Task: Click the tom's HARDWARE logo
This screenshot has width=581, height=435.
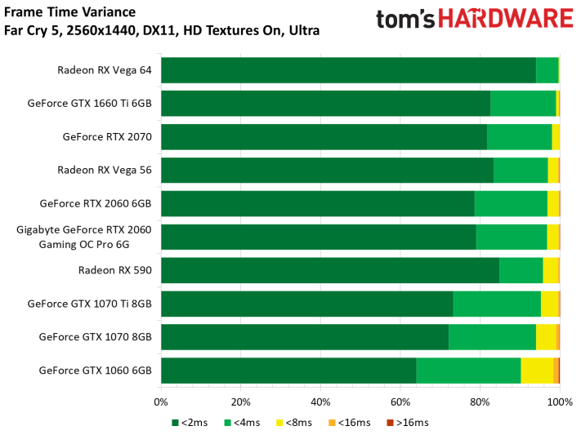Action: [x=474, y=20]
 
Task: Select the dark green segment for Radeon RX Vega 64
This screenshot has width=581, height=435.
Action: [x=348, y=70]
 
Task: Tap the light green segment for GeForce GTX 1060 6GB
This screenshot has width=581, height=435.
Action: [x=468, y=371]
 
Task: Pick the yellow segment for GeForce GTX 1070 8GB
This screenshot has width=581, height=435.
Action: [x=546, y=337]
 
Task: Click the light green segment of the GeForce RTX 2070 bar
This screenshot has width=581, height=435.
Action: [x=520, y=137]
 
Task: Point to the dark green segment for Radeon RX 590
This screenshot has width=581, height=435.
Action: [x=330, y=270]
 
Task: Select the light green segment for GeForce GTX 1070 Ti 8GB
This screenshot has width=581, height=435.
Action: [x=497, y=304]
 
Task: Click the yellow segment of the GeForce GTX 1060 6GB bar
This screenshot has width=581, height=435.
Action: [x=537, y=371]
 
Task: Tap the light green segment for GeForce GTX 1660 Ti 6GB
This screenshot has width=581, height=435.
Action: [x=523, y=104]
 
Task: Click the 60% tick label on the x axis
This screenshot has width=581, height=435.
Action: [x=400, y=402]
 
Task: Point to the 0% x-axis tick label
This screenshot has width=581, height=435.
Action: [x=161, y=402]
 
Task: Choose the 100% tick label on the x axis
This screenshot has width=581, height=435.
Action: [x=559, y=402]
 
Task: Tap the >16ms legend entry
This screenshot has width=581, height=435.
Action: [x=408, y=423]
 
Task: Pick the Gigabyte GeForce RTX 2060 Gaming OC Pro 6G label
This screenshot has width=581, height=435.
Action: [x=84, y=237]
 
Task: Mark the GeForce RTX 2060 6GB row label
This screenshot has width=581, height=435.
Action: [x=96, y=204]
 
